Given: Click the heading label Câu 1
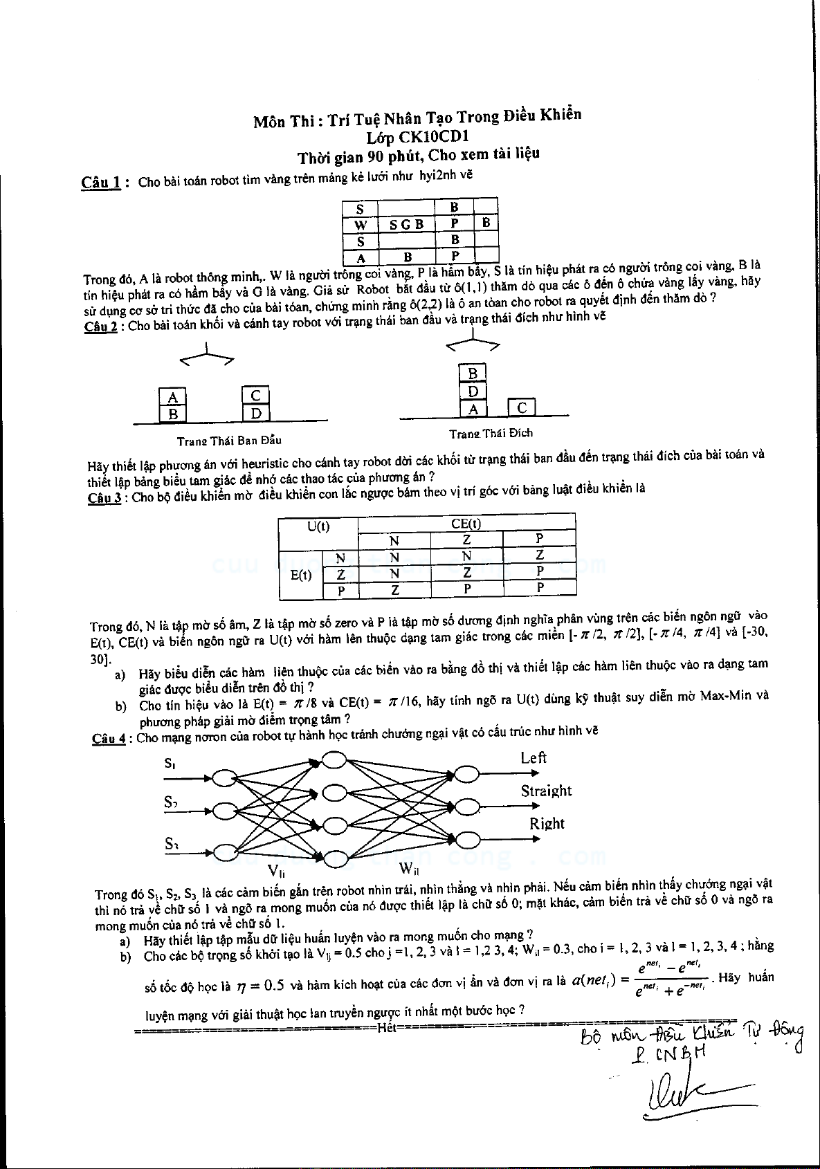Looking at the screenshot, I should click(x=102, y=183).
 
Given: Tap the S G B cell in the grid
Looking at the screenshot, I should click(x=406, y=224).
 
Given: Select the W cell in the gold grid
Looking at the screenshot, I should click(x=360, y=225).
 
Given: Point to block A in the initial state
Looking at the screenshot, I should click(x=173, y=397).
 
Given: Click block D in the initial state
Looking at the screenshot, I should click(x=256, y=414).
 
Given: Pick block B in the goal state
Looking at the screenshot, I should click(x=473, y=374).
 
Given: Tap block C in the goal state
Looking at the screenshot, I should click(x=522, y=408).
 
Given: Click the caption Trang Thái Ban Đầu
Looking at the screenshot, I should click(x=229, y=440).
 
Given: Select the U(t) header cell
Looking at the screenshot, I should click(x=318, y=526).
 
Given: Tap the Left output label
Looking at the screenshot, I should click(x=534, y=758).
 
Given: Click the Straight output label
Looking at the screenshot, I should click(x=546, y=791).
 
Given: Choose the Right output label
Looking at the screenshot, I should click(x=547, y=823).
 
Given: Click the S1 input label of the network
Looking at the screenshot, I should click(x=170, y=764).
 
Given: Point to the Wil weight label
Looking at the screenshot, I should click(x=409, y=867).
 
